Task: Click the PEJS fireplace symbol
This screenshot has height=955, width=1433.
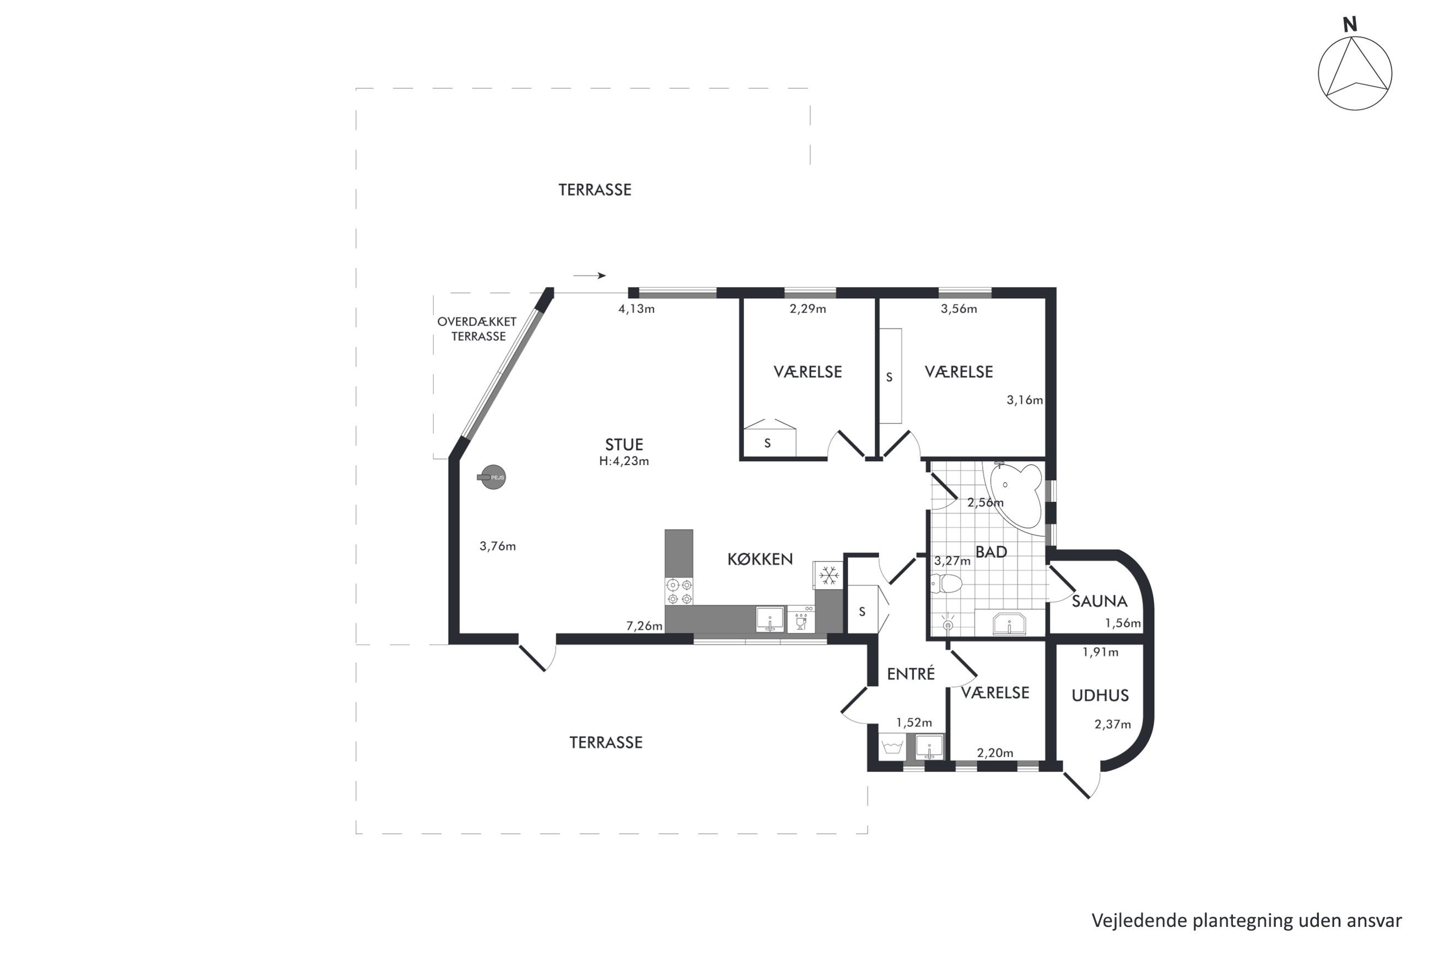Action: pos(492,477)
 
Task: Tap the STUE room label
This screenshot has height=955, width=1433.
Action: pos(623,445)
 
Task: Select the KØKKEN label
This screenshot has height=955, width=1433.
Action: pos(760,559)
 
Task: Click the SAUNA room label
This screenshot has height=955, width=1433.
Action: pos(1099,601)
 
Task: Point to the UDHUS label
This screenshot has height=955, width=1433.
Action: pos(1100,695)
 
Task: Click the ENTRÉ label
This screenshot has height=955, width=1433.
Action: pos(911,673)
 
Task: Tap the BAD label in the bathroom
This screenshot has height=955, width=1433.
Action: pos(991,552)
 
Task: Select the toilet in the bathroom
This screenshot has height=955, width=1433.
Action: pos(945,584)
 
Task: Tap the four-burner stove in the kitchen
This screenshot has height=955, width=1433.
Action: pos(679,591)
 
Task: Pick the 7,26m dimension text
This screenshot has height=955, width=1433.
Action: pos(644,625)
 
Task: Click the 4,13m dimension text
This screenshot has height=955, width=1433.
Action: pos(637,309)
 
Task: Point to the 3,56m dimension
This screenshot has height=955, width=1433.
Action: pos(958,309)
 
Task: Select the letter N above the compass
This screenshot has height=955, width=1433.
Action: pos(1350,25)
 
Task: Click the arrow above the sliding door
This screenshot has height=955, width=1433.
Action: pos(590,276)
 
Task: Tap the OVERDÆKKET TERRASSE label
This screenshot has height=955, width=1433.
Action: pos(477,329)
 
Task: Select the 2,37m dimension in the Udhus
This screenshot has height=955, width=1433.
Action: pos(1113,725)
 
